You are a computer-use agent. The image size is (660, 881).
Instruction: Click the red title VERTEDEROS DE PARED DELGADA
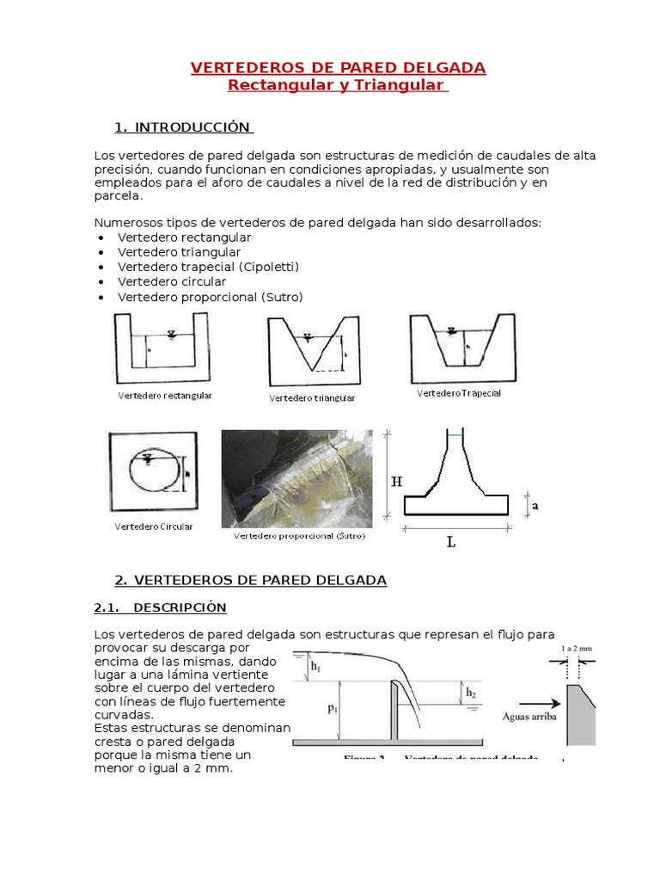pyautogui.click(x=338, y=68)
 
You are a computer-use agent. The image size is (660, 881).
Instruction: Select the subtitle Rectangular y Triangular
pyautogui.click(x=338, y=85)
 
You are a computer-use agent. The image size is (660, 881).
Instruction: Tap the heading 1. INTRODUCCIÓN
pyautogui.click(x=184, y=128)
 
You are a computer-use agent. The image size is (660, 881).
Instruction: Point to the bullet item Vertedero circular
pyautogui.click(x=172, y=281)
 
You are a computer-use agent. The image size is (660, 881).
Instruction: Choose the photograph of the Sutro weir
pyautogui.click(x=297, y=478)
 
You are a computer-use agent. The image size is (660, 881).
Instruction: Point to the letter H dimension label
pyautogui.click(x=396, y=483)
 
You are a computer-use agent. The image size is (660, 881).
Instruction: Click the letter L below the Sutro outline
pyautogui.click(x=451, y=543)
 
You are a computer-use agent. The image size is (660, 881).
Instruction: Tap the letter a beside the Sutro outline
pyautogui.click(x=535, y=507)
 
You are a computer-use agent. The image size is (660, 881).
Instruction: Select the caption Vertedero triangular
pyautogui.click(x=312, y=398)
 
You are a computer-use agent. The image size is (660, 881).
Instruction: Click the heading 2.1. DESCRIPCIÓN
pyautogui.click(x=160, y=607)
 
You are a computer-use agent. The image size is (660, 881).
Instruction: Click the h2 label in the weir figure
pyautogui.click(x=470, y=692)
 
